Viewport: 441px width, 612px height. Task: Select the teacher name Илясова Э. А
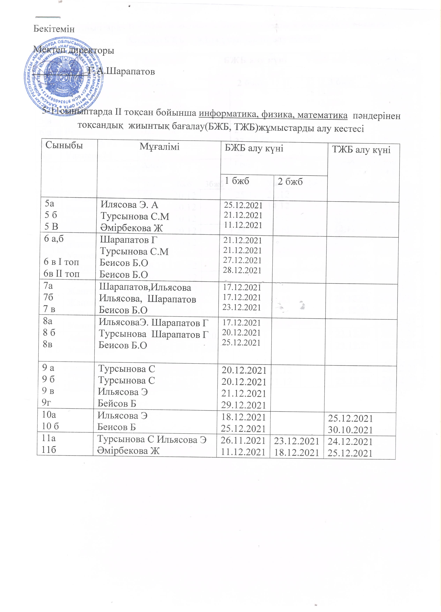pyautogui.click(x=129, y=205)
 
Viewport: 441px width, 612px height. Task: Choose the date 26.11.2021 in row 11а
pyautogui.click(x=243, y=441)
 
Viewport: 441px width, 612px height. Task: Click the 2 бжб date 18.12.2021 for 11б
pyautogui.click(x=296, y=452)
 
